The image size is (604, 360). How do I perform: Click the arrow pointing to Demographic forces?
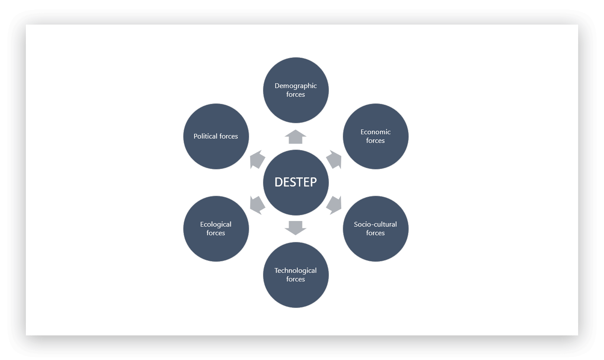[x=296, y=137]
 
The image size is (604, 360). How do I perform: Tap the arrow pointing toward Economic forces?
[x=334, y=160]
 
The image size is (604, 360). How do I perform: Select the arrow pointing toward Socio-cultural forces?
[x=334, y=205]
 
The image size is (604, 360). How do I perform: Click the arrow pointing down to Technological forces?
[x=296, y=227]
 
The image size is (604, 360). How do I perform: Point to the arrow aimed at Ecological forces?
[x=257, y=205]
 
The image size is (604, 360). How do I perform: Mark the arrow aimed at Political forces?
[x=257, y=160]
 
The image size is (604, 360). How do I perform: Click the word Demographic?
[x=296, y=86]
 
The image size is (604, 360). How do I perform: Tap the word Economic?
[x=375, y=132]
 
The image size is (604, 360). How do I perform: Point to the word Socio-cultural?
[x=375, y=224]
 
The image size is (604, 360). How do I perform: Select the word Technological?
[x=296, y=271]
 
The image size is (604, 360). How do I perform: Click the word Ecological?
[x=216, y=224]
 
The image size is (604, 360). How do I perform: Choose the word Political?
[x=205, y=136]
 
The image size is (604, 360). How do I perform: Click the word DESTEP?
[x=296, y=182]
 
